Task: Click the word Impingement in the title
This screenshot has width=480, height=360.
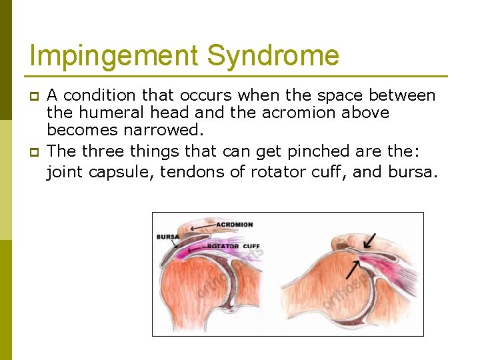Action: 115,55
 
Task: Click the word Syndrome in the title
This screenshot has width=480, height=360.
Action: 273,55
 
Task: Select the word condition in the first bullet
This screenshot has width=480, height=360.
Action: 104,96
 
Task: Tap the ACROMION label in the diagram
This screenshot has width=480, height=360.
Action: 234,225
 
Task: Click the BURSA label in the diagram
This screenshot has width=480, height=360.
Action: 167,237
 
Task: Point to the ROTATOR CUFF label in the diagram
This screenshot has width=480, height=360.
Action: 233,246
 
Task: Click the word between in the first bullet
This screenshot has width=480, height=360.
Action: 402,96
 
